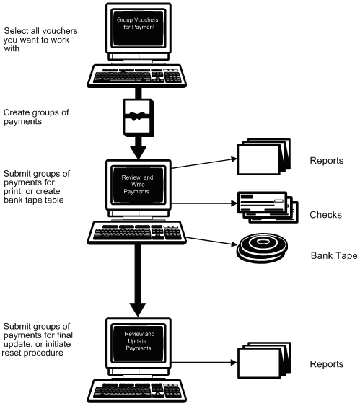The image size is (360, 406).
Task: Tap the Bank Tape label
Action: click(x=333, y=256)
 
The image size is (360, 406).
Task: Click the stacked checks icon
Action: click(x=266, y=208)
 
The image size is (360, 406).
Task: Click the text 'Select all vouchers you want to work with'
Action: click(x=40, y=40)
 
